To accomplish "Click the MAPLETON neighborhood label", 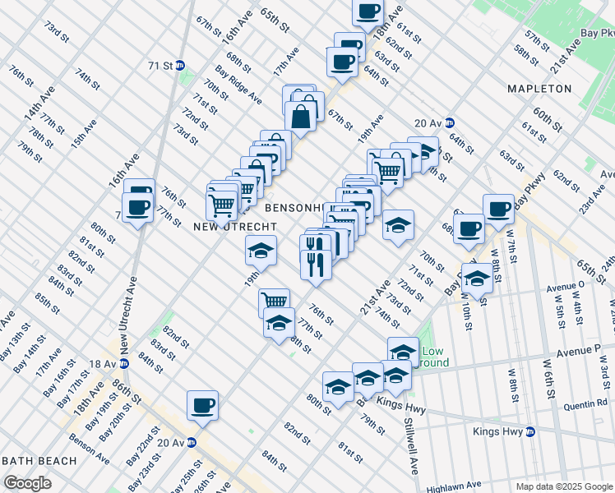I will coord(539,88).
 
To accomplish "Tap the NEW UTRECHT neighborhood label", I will coord(228,225).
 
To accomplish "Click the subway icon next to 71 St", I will coord(180,65).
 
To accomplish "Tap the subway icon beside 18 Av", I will coord(124,363).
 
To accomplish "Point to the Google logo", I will coord(27,483).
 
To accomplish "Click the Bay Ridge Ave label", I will coord(238,85).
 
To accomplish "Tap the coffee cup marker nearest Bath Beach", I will coord(202,405).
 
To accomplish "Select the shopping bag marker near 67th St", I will coord(302,117).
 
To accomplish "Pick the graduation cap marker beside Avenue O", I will coord(476,277).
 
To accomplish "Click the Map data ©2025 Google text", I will coord(564,486).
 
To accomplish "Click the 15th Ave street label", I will coord(83,133).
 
